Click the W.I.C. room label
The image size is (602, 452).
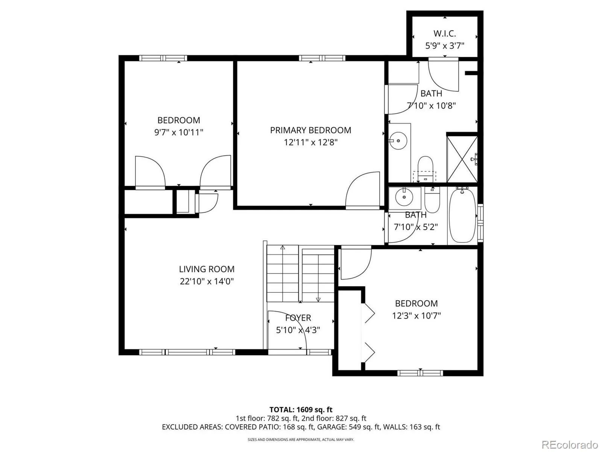pos(445,34)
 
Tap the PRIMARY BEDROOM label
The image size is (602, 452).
pos(310,130)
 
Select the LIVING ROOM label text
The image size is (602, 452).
pos(207,269)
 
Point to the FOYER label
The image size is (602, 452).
pos(298,318)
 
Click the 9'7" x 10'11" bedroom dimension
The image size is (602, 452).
pos(179,132)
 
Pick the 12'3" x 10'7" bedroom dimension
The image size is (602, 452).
pos(417,316)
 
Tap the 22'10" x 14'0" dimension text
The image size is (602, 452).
pos(207,281)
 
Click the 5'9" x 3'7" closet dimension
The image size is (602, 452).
pos(445,46)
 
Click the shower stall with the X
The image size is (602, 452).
pos(462,159)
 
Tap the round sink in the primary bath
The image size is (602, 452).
pos(398,141)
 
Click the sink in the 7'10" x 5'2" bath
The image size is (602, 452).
pos(404,197)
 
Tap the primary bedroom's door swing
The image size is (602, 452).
pos(363,190)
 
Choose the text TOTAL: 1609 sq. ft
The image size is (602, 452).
pos(301,410)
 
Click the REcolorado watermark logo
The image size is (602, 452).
pos(570,444)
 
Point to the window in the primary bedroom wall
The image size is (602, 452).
pos(322,58)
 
